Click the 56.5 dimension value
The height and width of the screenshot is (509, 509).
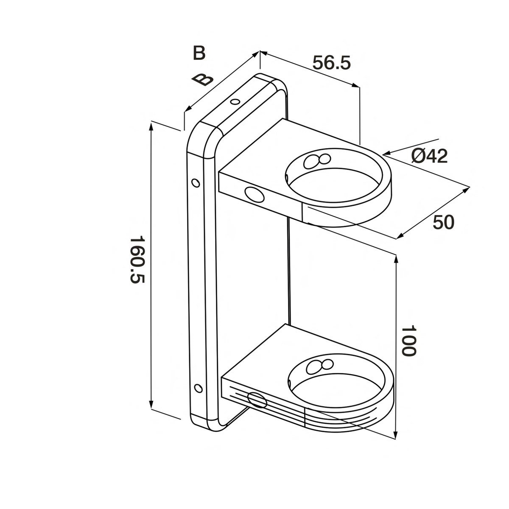coord(332,63)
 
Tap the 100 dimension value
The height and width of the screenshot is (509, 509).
coord(408,341)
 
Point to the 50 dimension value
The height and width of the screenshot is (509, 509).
coord(443,222)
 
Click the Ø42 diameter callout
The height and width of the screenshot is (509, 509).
coord(429,157)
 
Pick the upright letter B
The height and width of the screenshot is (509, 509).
coord(199,53)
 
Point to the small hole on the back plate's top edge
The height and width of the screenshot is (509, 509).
coord(235,102)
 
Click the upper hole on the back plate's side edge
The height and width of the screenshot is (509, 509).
coord(195,182)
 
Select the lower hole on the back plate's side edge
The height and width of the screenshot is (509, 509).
coord(197,388)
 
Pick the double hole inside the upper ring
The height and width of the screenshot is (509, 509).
coord(317,160)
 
